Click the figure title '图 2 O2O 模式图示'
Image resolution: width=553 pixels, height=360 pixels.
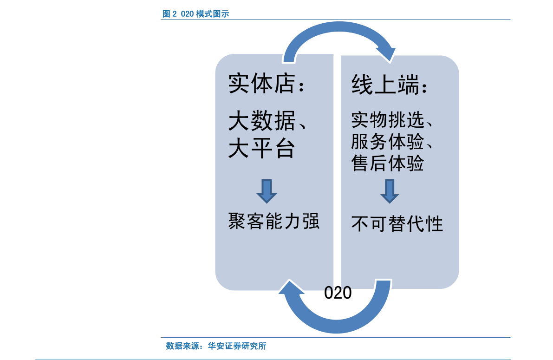pyautogui.click(x=196, y=14)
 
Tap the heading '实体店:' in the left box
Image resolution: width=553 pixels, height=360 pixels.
pyautogui.click(x=266, y=84)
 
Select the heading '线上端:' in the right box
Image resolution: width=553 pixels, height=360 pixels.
pyautogui.click(x=390, y=85)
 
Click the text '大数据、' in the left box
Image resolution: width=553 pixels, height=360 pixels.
pyautogui.click(x=267, y=121)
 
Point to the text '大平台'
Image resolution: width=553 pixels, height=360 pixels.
pyautogui.click(x=262, y=148)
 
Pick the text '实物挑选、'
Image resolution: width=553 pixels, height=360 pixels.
pyautogui.click(x=392, y=120)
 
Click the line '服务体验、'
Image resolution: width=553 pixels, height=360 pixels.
pyautogui.click(x=392, y=142)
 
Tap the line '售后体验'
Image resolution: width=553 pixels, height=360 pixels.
pyautogui.click(x=387, y=163)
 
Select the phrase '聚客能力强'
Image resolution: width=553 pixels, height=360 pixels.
pyautogui.click(x=273, y=221)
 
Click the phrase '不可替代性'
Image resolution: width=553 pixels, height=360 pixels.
pyautogui.click(x=397, y=224)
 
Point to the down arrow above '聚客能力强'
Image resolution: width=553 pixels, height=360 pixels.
pyautogui.click(x=267, y=191)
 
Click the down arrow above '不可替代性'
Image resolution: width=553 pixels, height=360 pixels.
pyautogui.click(x=390, y=191)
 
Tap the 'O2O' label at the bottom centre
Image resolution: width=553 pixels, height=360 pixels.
pyautogui.click(x=338, y=293)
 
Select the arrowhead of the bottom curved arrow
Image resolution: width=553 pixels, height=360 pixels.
pyautogui.click(x=291, y=287)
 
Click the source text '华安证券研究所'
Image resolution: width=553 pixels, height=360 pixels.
pyautogui.click(x=237, y=346)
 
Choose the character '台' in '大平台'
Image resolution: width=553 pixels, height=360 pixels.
pyautogui.click(x=285, y=148)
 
